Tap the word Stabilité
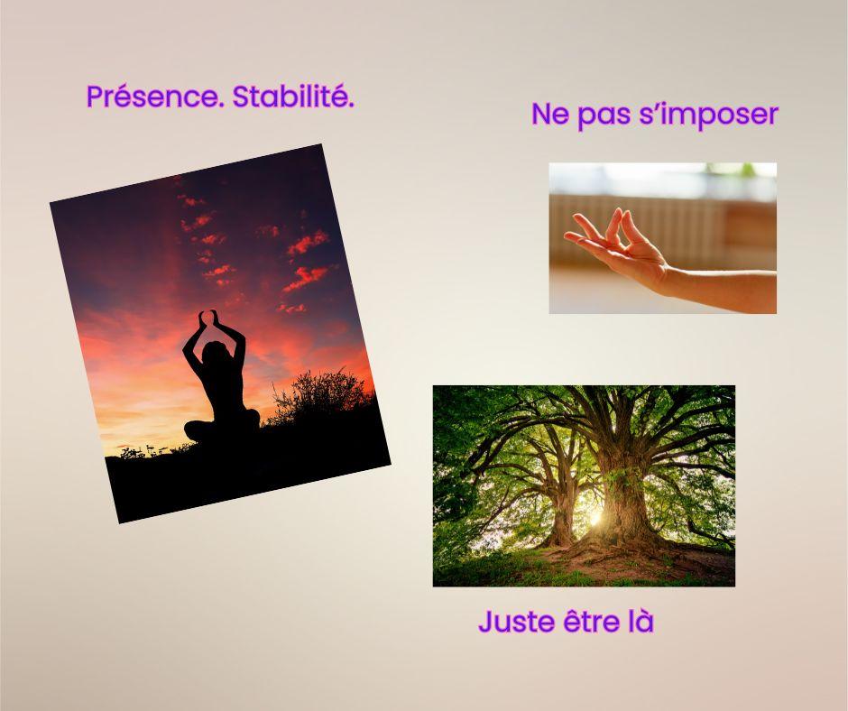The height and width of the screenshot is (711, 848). (293, 97)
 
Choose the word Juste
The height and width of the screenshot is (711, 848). (516, 622)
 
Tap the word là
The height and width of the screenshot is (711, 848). (641, 621)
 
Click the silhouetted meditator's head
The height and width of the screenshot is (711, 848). (214, 354)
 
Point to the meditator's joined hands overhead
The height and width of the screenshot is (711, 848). (208, 317)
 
